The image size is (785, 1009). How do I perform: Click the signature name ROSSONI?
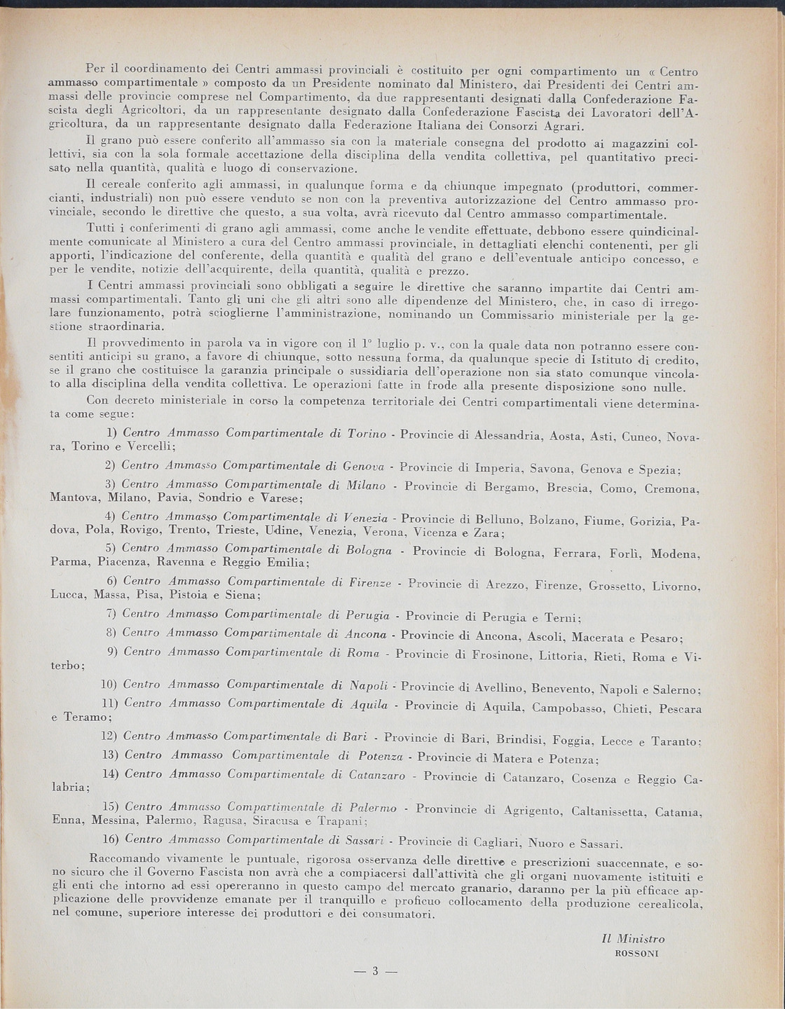[x=635, y=953]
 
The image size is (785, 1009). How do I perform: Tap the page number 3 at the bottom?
[x=375, y=971]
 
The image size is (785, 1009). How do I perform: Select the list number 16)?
[x=114, y=838]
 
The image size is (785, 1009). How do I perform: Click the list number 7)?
[x=110, y=615]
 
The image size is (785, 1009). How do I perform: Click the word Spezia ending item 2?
[x=661, y=469]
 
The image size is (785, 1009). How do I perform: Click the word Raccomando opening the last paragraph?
[x=123, y=858]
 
